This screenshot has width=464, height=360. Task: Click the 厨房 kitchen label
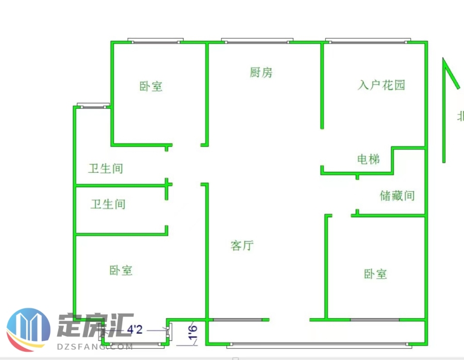pos(261,73)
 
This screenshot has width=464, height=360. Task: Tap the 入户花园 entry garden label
pos(382,85)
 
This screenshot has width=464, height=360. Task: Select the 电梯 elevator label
pos(369,159)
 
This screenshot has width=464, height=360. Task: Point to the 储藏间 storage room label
pos(397,196)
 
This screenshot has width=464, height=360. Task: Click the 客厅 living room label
pos(242,246)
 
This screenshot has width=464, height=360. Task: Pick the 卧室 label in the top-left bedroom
pos(151,87)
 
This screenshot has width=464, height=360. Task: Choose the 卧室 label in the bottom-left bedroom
pos(121,270)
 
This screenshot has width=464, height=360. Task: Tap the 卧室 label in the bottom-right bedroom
pos(375,274)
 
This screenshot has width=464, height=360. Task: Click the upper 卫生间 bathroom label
pos(106,169)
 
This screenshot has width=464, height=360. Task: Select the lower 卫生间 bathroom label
pos(108,205)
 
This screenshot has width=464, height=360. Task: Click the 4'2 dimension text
pos(135,329)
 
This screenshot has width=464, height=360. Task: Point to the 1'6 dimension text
pos(192,332)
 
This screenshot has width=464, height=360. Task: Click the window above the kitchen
pos(257,41)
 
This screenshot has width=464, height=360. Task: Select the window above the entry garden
pos(368,41)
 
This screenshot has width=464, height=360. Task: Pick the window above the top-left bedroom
pos(156,41)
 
